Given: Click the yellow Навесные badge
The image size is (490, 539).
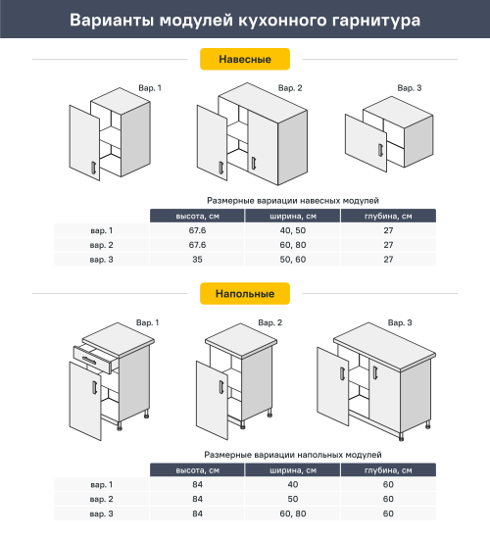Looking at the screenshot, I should pos(245,60).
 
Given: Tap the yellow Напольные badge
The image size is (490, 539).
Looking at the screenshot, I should pos(245,293).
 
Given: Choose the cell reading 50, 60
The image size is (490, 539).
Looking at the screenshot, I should pos(293,260).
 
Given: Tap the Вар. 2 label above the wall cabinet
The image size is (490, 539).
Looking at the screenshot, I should pos(289,88).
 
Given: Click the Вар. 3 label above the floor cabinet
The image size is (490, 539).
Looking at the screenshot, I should pos(400,322).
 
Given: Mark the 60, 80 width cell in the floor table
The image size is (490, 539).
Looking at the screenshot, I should pos(293,514).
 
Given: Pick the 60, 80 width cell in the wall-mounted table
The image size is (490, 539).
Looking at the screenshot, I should pos(293,245).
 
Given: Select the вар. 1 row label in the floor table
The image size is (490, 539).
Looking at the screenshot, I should pos(101,485).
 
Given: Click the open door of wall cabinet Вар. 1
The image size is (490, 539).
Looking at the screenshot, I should pos(84,145).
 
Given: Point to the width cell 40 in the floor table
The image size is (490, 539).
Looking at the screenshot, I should pos(293,485).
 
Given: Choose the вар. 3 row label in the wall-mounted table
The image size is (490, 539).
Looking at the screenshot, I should pos(101,260).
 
